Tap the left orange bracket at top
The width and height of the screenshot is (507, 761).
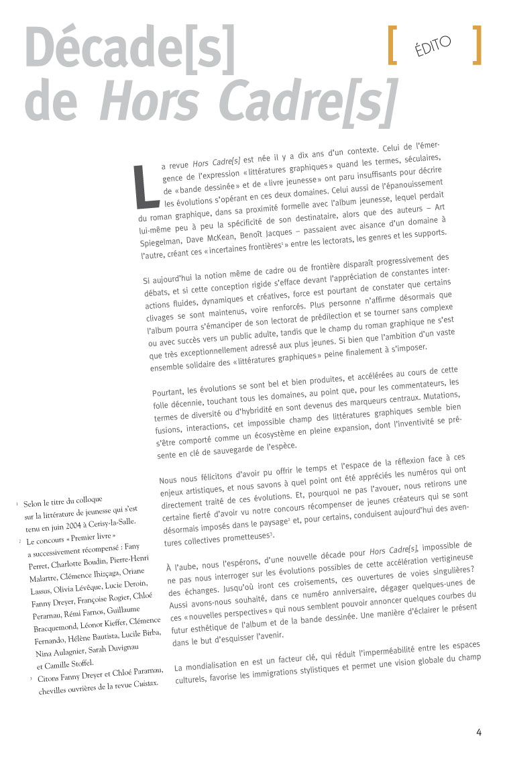(x=393, y=46)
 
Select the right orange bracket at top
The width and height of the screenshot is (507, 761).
(x=477, y=46)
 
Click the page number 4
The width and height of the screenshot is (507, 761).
(x=479, y=732)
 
